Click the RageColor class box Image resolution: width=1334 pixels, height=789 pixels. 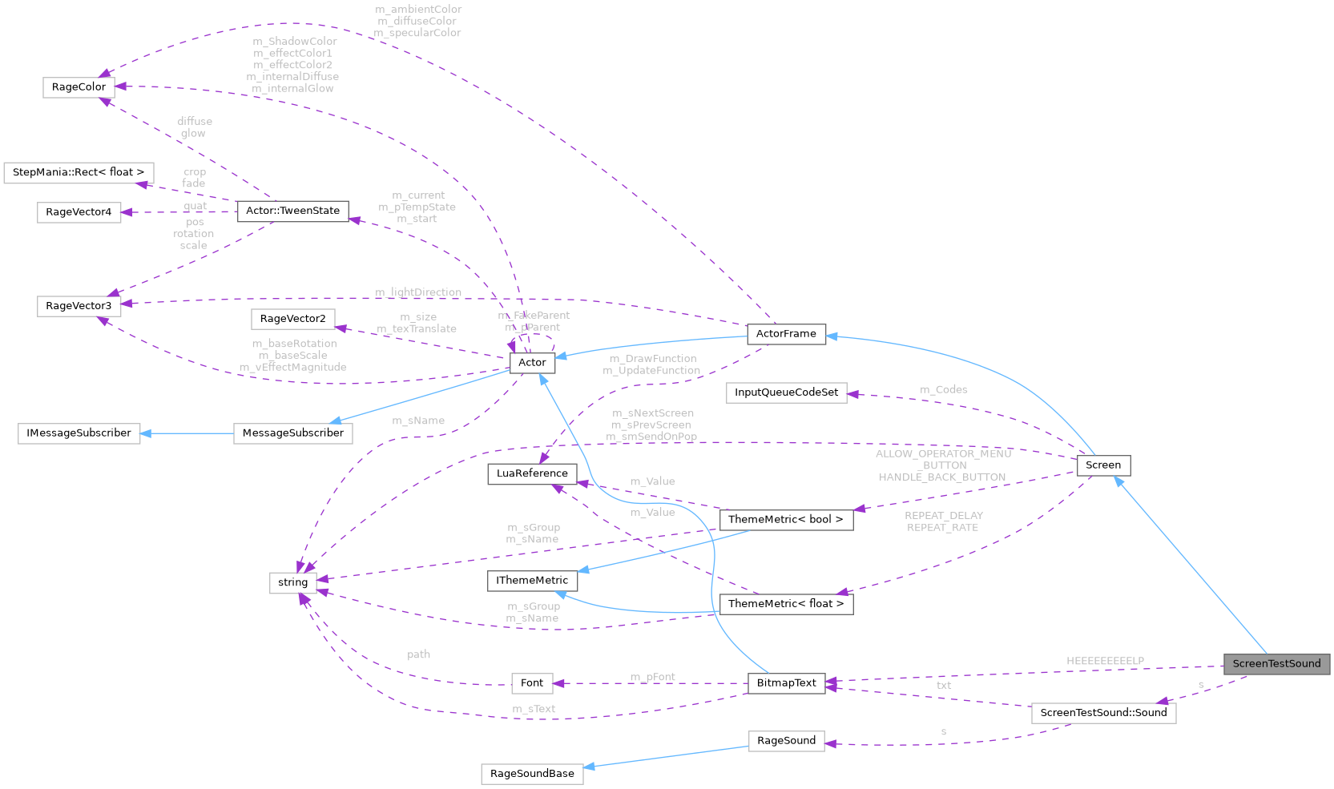click(79, 87)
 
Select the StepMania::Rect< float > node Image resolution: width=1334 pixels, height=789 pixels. click(79, 172)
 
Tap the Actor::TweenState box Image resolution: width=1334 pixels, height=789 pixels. click(292, 211)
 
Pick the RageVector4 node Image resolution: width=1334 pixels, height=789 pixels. click(79, 212)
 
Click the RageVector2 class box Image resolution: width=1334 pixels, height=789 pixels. click(292, 319)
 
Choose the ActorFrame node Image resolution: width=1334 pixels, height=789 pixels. click(786, 334)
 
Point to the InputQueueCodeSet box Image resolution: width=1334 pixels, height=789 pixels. click(786, 392)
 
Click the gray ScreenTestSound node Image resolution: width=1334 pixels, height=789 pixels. click(1276, 664)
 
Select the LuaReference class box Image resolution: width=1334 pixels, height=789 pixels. click(532, 473)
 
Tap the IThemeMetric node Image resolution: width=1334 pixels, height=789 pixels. click(532, 581)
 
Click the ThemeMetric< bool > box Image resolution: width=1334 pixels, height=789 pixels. click(785, 520)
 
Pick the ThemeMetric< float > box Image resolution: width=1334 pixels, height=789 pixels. click(785, 604)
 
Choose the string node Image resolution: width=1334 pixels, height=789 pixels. click(292, 583)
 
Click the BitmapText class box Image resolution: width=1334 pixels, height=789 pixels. click(786, 683)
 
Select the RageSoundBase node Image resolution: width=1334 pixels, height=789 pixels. click(532, 774)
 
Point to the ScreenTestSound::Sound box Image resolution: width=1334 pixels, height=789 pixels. click(1103, 713)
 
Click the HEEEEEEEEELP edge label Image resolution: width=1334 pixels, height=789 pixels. click(1105, 662)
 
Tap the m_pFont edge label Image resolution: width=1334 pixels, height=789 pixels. click(652, 678)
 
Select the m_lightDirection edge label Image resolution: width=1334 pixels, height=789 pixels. click(418, 292)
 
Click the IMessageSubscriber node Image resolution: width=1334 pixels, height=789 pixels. click(79, 433)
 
